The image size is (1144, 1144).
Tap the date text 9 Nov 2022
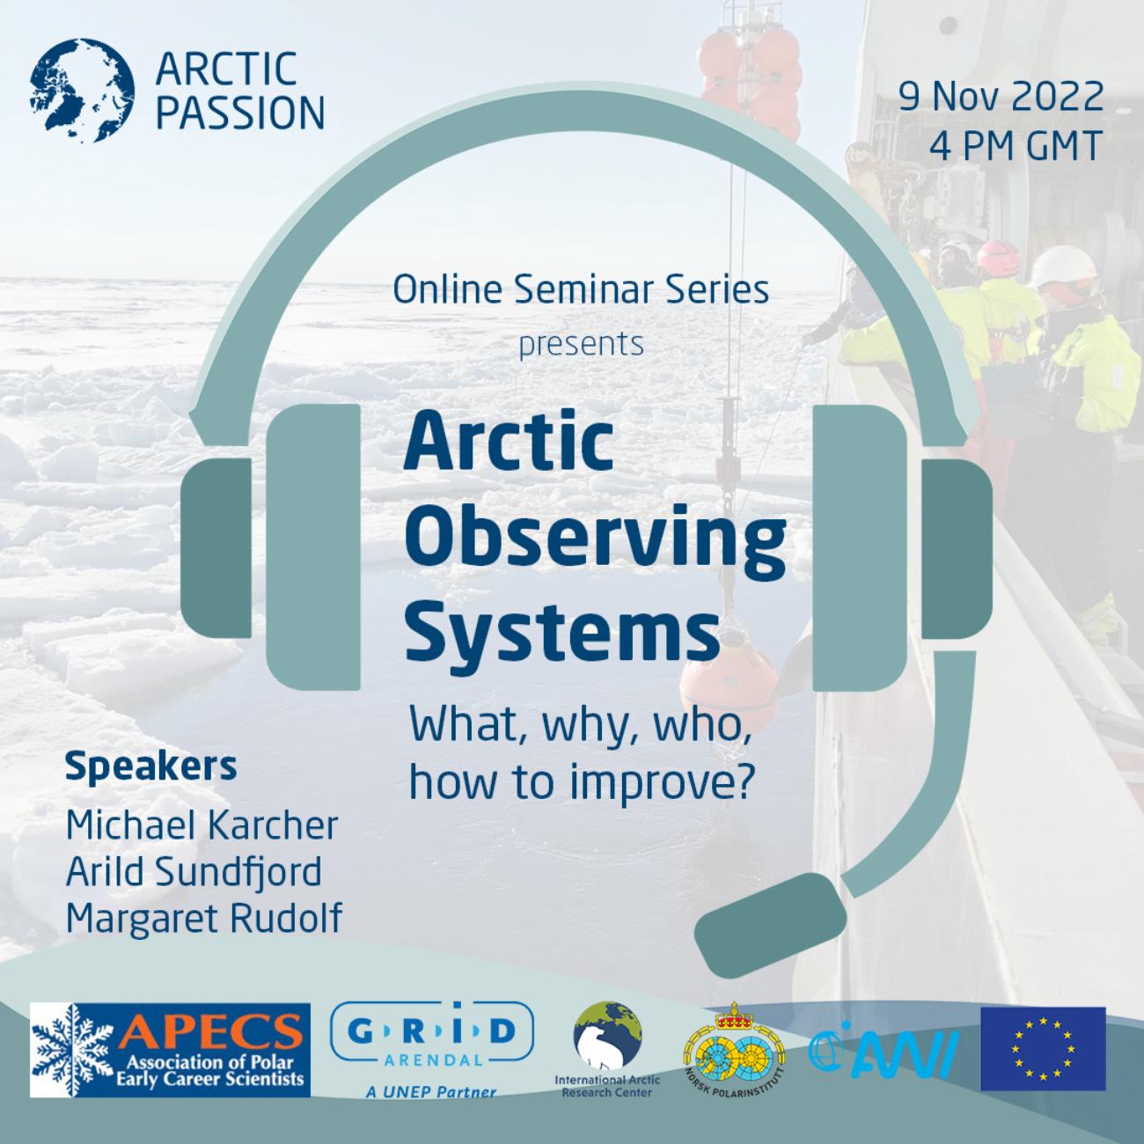point(1001,97)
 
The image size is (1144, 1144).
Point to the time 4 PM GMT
point(1015,146)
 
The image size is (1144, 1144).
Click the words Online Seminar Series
point(581,289)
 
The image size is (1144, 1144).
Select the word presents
point(581,343)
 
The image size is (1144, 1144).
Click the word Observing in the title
point(594,539)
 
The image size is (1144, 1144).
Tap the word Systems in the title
point(561,630)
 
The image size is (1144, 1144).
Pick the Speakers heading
point(150,766)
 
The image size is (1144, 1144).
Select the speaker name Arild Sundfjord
point(194,872)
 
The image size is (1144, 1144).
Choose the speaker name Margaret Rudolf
point(203,919)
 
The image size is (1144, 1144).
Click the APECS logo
point(170,1050)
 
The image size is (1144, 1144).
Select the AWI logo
point(883,1049)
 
